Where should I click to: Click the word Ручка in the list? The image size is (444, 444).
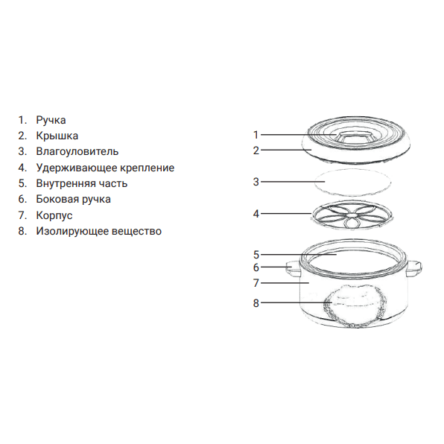(x=51, y=121)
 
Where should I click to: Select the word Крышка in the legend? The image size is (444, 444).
(x=57, y=136)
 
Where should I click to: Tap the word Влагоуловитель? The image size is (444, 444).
(x=77, y=151)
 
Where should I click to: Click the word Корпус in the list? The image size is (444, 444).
(x=54, y=216)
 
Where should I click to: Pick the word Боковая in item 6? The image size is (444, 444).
(x=57, y=200)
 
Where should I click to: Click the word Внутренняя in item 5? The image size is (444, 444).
(x=61, y=183)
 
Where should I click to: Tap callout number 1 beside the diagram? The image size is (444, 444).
(x=256, y=135)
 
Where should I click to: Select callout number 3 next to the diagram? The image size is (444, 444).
(x=256, y=182)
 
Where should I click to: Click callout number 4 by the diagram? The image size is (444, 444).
(x=256, y=214)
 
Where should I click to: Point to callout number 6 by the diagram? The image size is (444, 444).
(x=256, y=267)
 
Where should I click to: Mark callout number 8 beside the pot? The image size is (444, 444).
(x=256, y=303)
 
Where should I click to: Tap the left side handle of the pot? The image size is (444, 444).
(x=294, y=268)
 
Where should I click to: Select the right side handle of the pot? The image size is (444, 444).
(x=414, y=269)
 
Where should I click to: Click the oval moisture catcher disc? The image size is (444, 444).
(x=352, y=183)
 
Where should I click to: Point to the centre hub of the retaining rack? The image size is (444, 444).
(x=352, y=215)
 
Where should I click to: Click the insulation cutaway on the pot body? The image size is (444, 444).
(x=355, y=306)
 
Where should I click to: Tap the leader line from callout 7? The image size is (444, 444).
(x=285, y=283)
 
